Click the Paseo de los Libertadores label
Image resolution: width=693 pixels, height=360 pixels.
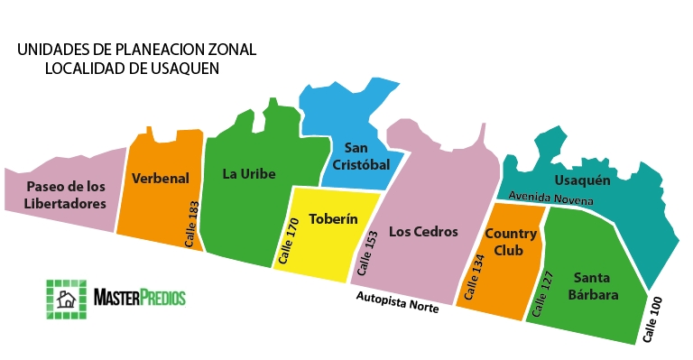click(67, 195)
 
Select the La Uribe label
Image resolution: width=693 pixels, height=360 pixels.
click(249, 173)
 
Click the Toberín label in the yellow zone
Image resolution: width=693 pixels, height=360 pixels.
click(333, 219)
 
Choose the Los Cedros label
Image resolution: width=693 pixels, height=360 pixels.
click(424, 231)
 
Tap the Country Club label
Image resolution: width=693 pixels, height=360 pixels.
click(511, 243)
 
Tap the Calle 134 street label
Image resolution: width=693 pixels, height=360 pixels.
click(474, 279)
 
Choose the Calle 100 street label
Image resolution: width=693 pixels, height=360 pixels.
click(653, 319)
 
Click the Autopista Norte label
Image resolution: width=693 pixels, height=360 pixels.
click(397, 301)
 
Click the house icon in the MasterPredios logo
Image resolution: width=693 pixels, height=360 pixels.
click(66, 298)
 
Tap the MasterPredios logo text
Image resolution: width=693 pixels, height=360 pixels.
click(140, 296)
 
